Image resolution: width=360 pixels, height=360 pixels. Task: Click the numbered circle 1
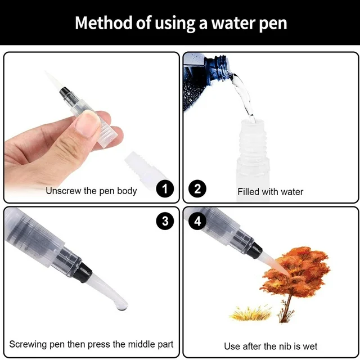tap(165, 189)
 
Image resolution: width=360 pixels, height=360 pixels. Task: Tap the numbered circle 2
tap(197, 189)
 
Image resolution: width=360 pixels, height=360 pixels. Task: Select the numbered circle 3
tap(165, 221)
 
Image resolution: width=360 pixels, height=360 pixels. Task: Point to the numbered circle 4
tap(197, 221)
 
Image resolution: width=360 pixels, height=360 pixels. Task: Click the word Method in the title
tap(104, 22)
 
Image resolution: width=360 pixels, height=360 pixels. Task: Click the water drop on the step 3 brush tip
tap(122, 307)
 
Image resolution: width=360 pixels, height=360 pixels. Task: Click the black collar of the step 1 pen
tap(64, 92)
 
